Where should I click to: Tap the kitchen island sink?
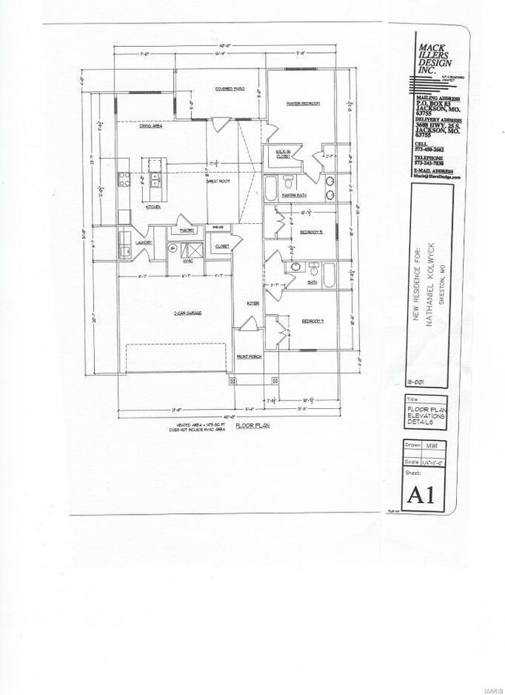coord(155,180)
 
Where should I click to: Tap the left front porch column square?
coord(232,382)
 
